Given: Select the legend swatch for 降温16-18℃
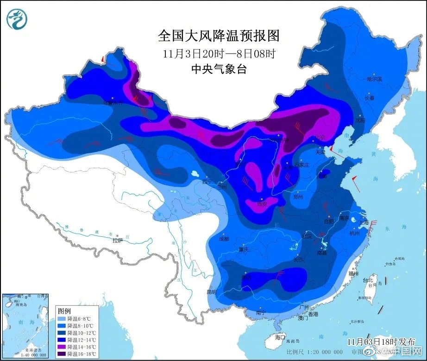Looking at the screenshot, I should [62, 354].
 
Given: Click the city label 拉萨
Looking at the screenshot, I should [118, 240].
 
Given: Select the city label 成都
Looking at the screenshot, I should [224, 239].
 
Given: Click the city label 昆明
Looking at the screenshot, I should [211, 292].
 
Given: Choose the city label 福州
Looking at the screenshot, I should [354, 274].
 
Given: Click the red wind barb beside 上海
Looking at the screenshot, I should [373, 224].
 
